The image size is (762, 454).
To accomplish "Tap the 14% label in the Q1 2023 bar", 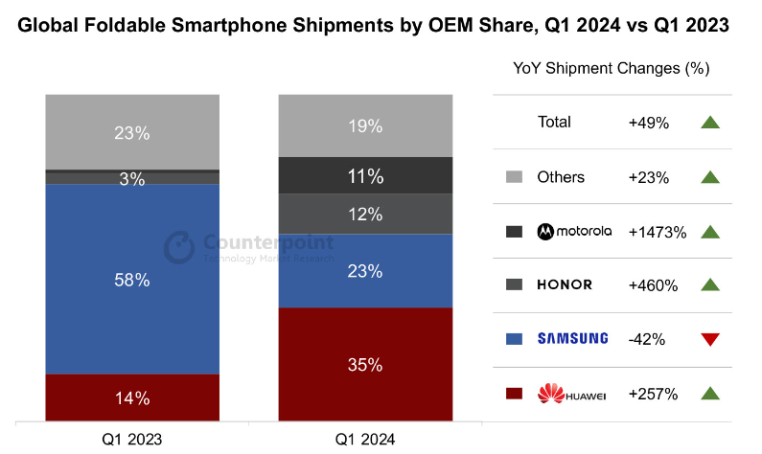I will [132, 398].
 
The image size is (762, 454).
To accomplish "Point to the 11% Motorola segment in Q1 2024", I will [364, 176].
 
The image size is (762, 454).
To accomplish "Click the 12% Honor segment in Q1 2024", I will [364, 215].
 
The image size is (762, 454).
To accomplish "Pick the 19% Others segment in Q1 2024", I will [364, 125].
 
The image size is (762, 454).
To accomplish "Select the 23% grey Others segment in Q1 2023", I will [132, 133].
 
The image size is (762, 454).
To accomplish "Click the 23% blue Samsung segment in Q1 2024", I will [364, 271].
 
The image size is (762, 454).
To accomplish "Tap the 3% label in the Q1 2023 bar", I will [132, 178].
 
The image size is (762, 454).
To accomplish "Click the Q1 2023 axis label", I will [132, 439].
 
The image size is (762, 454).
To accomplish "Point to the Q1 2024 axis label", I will [364, 439].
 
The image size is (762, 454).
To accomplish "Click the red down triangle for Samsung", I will [709, 339].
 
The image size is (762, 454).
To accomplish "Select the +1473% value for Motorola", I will [657, 231].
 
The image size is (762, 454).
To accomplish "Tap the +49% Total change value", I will [648, 123].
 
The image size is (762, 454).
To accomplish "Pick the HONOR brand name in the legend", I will [565, 284].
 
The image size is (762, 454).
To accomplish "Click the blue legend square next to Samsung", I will [513, 339].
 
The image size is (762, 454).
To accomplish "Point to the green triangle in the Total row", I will [709, 123].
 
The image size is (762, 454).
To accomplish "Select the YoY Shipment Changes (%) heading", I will [611, 69].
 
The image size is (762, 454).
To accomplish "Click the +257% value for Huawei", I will [653, 394].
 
